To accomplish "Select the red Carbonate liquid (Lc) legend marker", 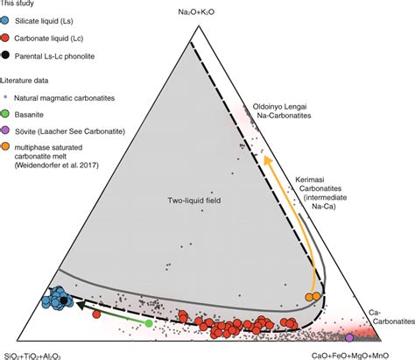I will point(8,38).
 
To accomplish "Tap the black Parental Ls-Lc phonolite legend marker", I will point(8,55).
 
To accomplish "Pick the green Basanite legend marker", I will point(8,107).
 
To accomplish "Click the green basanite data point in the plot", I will point(148,323).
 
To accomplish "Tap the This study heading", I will point(18,4).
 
